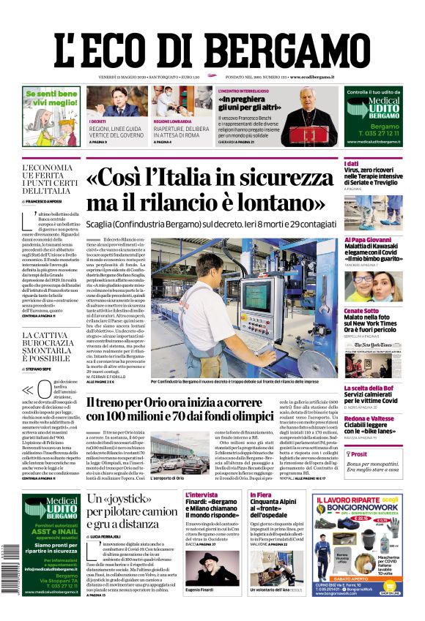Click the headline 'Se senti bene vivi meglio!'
click(51, 99)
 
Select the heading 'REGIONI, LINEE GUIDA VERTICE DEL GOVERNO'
click(116, 132)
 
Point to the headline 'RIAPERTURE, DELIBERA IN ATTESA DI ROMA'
click(182, 132)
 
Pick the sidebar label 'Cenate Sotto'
click(362, 311)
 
